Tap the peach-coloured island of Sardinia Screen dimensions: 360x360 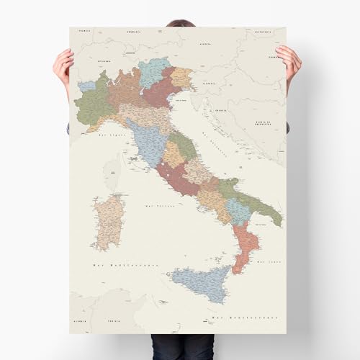coord(109,220)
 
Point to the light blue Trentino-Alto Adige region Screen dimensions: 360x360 coord(154,71)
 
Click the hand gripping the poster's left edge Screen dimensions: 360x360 coord(64,68)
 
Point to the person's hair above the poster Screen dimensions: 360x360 coord(180,23)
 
